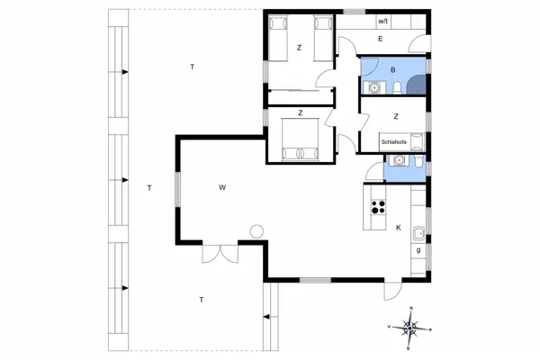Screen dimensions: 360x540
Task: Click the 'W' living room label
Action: (x=220, y=187)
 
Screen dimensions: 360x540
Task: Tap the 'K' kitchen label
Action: (x=398, y=228)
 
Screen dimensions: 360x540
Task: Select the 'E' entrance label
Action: (x=381, y=40)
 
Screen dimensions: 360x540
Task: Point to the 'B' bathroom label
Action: (x=393, y=69)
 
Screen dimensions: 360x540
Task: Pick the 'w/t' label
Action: (x=382, y=20)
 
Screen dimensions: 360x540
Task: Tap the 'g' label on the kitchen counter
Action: (x=418, y=249)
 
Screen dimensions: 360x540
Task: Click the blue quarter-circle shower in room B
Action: (x=417, y=85)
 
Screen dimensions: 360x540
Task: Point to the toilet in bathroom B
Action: (x=397, y=87)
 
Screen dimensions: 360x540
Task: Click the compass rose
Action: (x=409, y=328)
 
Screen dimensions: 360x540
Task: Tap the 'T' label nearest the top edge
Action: (x=192, y=67)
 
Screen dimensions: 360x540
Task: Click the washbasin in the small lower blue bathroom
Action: (x=397, y=160)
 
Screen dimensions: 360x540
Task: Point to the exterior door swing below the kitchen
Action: (x=391, y=292)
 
